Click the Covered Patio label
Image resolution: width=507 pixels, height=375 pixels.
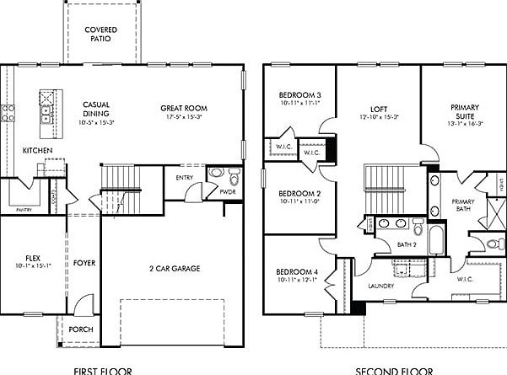coord(100,34)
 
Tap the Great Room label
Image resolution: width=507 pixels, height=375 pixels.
coord(184,108)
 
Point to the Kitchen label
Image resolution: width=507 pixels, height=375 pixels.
coord(38,150)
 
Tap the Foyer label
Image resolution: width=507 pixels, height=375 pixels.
coord(84,263)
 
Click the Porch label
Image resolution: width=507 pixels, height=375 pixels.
coord(82,329)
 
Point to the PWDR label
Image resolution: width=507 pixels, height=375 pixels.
coord(227,192)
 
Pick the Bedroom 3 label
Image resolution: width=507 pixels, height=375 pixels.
coord(300,94)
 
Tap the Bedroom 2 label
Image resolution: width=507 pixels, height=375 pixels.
coord(300,192)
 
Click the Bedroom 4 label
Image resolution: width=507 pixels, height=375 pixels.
coord(296,271)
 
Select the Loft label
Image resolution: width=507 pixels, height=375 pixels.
coord(378,109)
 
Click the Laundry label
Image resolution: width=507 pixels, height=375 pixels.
coord(380,287)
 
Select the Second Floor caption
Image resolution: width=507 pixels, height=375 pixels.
coord(393,370)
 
